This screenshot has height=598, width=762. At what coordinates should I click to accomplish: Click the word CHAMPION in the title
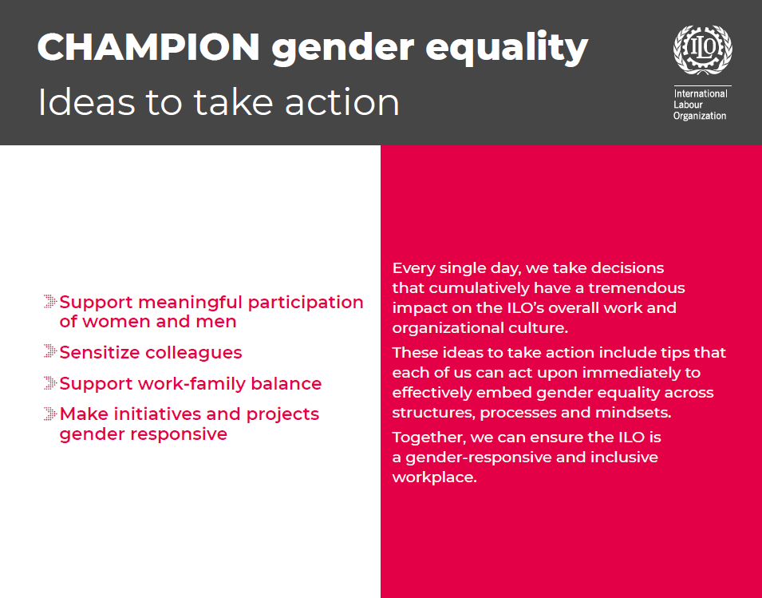[148, 48]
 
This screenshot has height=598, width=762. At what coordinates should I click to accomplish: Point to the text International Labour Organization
[701, 105]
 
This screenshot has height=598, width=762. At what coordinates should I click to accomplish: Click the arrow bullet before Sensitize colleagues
[50, 352]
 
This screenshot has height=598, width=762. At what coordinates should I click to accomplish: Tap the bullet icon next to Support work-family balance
[50, 383]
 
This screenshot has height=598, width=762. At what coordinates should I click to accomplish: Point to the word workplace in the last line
[433, 478]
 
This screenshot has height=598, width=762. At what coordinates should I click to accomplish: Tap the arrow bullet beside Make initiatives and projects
[50, 414]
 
